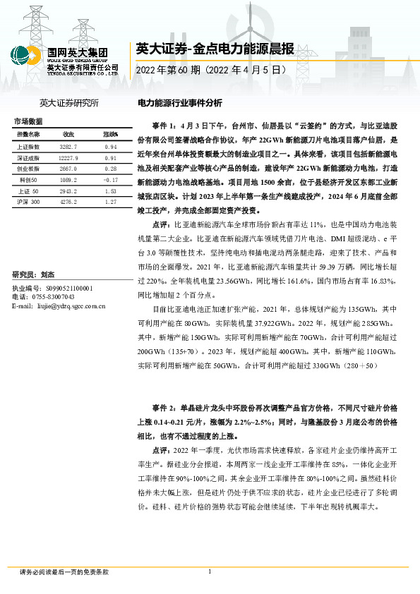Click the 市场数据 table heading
(x=28, y=121)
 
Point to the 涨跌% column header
(x=110, y=133)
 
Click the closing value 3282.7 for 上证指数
(x=68, y=146)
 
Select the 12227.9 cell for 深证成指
(x=68, y=158)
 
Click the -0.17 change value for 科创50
(x=109, y=181)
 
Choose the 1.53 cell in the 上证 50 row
(x=109, y=192)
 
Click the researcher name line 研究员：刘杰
(x=34, y=274)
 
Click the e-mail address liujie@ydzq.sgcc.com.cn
(x=70, y=305)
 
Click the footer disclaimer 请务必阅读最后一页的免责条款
(x=64, y=571)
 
